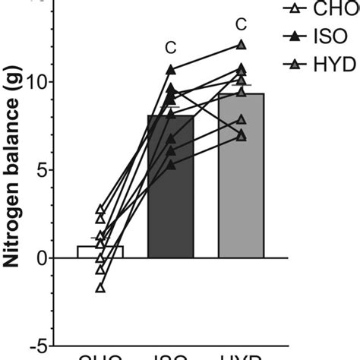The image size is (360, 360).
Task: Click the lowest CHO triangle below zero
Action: (100, 288)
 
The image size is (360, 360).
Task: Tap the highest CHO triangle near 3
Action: (100, 209)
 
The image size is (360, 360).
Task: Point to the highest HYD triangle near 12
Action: (241, 45)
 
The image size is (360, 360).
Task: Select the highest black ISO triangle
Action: (171, 70)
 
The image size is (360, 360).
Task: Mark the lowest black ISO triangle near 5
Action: (171, 165)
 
